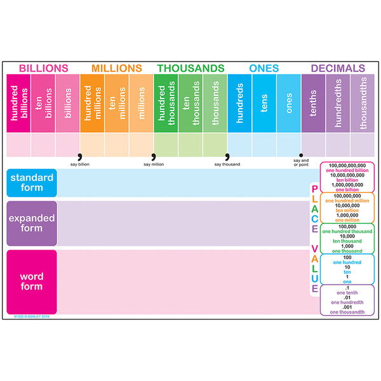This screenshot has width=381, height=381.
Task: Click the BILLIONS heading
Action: pos(43,68)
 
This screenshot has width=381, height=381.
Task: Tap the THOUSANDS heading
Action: pos(190,68)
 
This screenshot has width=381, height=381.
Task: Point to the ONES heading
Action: pos(264,68)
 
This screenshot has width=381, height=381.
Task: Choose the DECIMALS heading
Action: pos(338,68)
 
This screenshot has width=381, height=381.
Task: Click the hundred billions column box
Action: pos(18,104)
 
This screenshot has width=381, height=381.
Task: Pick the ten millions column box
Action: pos(117,104)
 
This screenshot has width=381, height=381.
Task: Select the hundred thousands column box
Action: pos(166,104)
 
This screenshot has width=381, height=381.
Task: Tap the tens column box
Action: pos(264,104)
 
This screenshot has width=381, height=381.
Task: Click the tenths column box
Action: pos(313,104)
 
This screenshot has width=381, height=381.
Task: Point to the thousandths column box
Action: pos(363,104)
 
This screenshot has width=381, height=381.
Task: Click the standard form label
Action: pos(32,183)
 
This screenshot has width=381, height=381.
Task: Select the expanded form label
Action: pos(32,223)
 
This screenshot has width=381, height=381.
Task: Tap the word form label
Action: pos(32,281)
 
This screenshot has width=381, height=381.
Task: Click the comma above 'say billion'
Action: pos(80,156)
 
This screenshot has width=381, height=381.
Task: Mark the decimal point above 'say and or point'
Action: pos(301,154)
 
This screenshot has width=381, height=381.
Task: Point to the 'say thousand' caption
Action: pos(227,164)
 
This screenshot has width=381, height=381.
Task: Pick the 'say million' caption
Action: pos(154,164)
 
